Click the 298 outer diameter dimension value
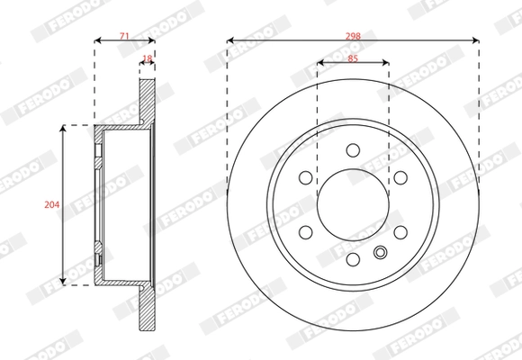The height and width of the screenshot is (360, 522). coord(353,35)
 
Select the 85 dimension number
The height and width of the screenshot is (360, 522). coord(353,59)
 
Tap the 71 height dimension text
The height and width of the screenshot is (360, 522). coord(124,35)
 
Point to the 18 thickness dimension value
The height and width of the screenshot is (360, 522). coord(148,59)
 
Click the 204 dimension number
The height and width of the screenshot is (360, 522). coord(51,205)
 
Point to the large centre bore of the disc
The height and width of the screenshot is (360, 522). coord(353,206)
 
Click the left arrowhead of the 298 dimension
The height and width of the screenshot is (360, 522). coord(230,40)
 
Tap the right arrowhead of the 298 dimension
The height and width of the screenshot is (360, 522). coord(475,40)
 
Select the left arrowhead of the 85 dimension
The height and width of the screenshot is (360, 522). coord(319,64)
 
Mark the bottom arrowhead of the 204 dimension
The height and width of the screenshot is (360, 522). coord(62,282)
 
